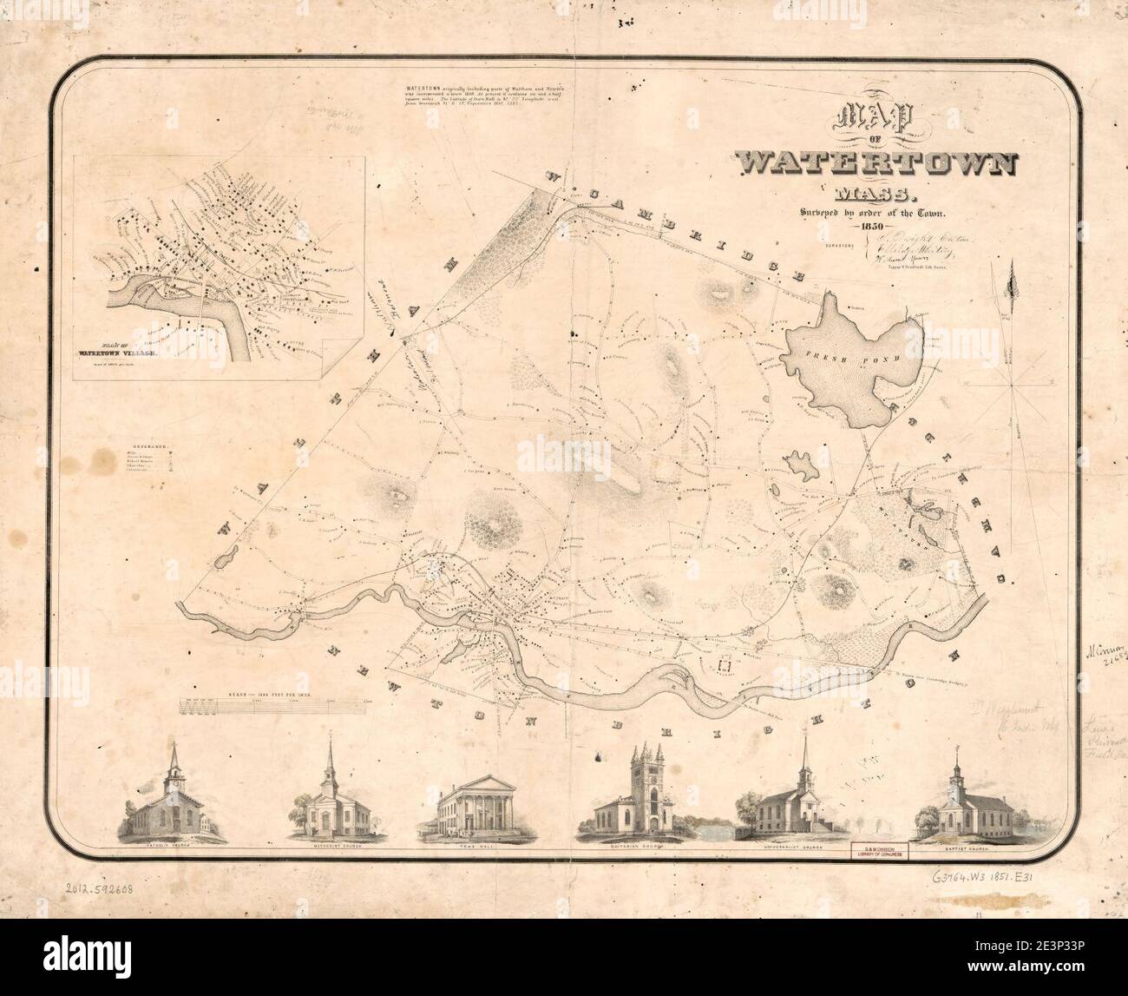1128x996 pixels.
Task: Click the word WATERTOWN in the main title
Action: [x=877, y=162]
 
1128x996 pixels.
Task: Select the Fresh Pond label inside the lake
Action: [x=830, y=357]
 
